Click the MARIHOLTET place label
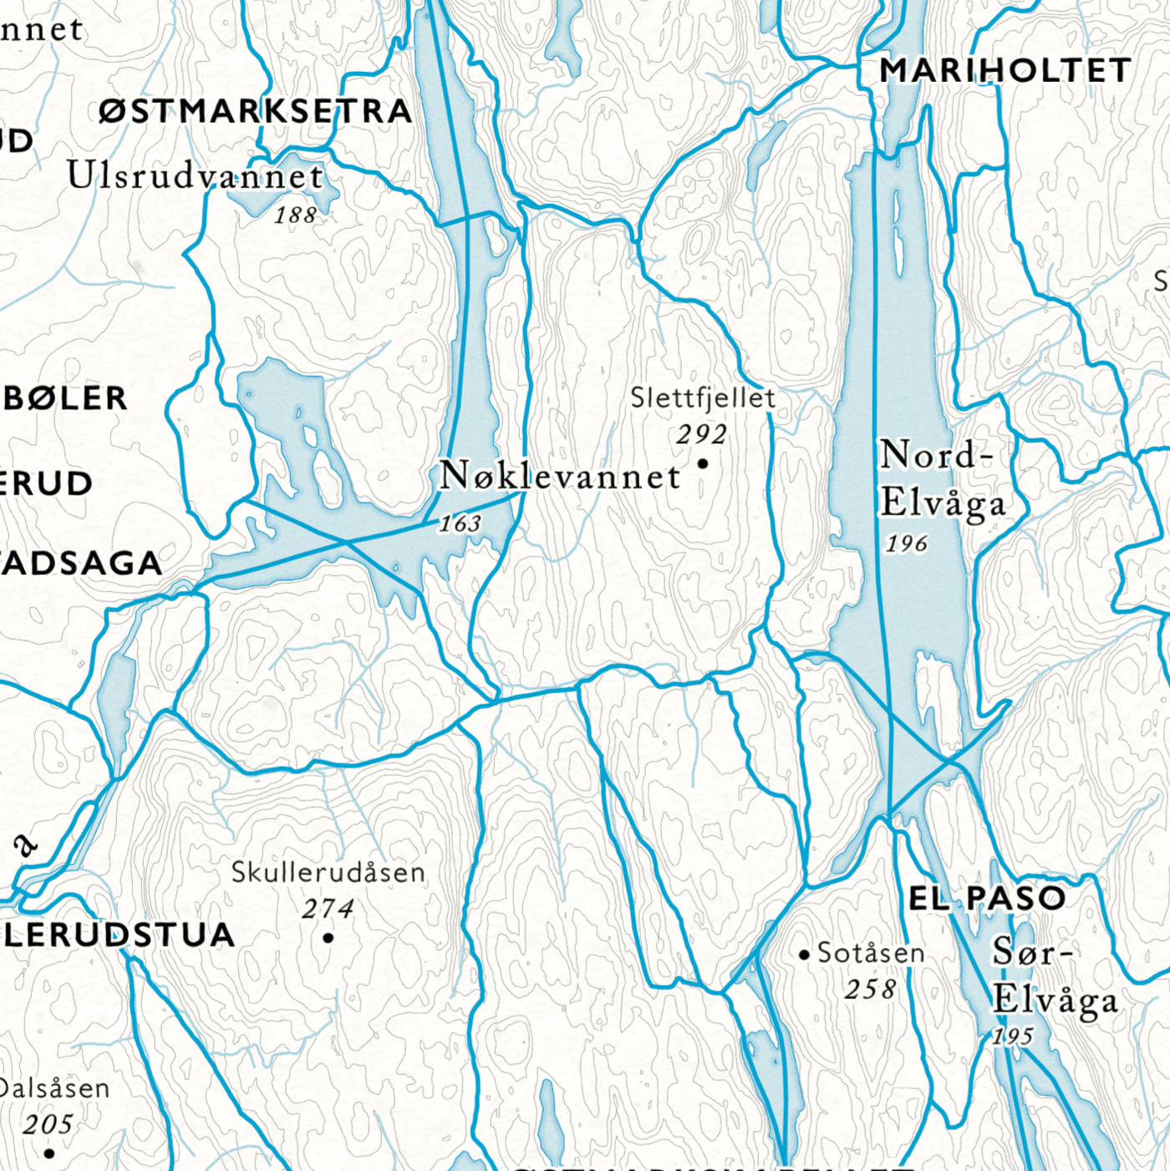pyautogui.click(x=1005, y=71)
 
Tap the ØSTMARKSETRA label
pyautogui.click(x=256, y=111)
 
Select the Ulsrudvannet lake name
pyautogui.click(x=195, y=176)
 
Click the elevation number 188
pyautogui.click(x=296, y=215)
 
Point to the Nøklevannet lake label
pyautogui.click(x=560, y=476)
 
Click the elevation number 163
pyautogui.click(x=460, y=524)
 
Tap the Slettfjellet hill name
pyautogui.click(x=703, y=398)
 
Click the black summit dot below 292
pyautogui.click(x=703, y=464)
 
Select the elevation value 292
pyautogui.click(x=702, y=434)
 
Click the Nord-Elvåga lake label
pyautogui.click(x=942, y=479)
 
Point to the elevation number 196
pyautogui.click(x=907, y=544)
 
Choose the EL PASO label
pyautogui.click(x=987, y=899)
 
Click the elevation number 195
pyautogui.click(x=1013, y=1037)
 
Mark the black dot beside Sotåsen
pyautogui.click(x=804, y=954)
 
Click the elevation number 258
pyautogui.click(x=870, y=990)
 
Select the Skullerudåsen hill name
pyautogui.click(x=328, y=873)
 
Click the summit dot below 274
pyautogui.click(x=328, y=938)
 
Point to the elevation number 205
pyautogui.click(x=48, y=1125)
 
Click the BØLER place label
pyautogui.click(x=65, y=398)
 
